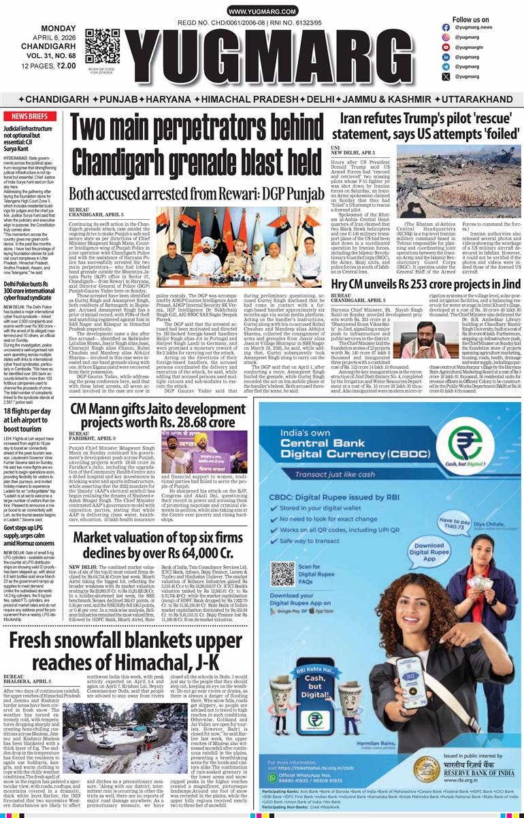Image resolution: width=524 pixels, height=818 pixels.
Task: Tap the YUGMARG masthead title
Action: (278, 56)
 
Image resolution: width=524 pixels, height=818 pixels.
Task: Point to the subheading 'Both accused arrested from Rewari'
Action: (196, 194)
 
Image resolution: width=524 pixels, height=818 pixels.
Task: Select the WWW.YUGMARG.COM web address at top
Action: (261, 12)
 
